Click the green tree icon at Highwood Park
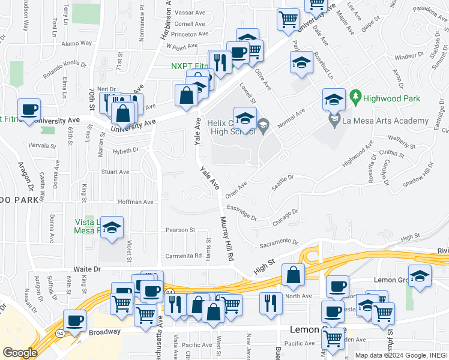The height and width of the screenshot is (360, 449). tap(355, 96)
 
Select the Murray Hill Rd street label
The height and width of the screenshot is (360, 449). tap(227, 238)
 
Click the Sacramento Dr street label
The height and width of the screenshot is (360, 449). tap(279, 244)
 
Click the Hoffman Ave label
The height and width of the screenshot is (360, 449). tap(137, 202)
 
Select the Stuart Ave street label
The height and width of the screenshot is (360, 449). tap(115, 172)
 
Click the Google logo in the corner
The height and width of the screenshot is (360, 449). tap(19, 353)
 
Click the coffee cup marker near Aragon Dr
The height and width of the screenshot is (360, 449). tap(29, 110)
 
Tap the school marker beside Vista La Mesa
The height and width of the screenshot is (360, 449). tap(112, 228)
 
